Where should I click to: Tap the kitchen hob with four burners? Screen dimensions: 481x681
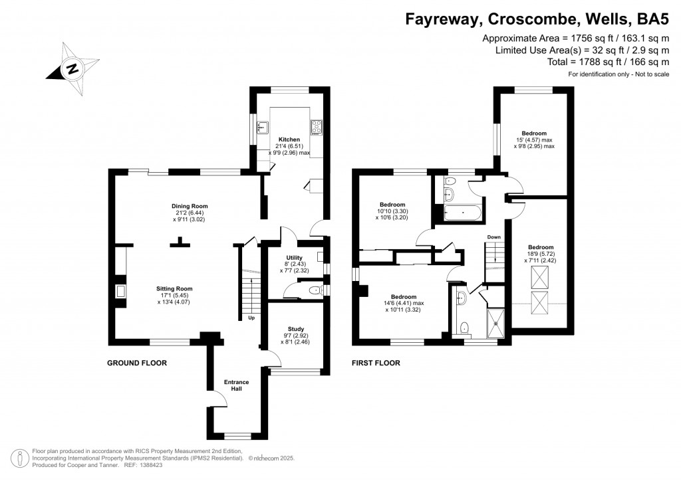click(316, 126)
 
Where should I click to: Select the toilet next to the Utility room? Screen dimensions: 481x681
click(316, 290)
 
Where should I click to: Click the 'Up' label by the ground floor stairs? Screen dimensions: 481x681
click(251, 318)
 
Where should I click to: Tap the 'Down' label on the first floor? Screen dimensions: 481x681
click(493, 237)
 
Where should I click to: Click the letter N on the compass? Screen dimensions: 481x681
click(72, 68)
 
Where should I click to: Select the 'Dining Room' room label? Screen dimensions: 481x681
click(186, 207)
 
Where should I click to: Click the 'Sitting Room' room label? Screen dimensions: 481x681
click(174, 289)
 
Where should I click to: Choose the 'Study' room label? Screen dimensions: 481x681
click(296, 329)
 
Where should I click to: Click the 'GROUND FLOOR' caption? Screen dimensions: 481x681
click(137, 363)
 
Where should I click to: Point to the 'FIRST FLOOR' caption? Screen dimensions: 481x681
click(376, 363)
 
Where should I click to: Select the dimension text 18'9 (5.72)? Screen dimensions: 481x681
click(538, 254)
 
